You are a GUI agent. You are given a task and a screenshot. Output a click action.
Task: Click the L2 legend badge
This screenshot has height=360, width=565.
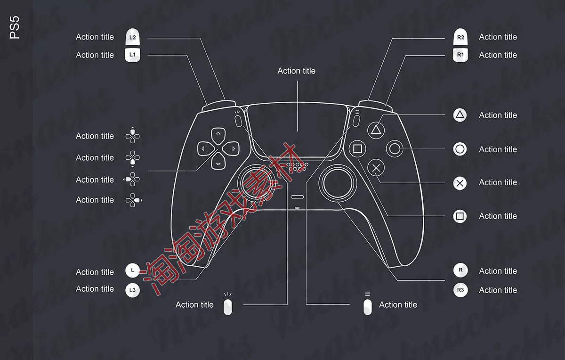coord(133,37)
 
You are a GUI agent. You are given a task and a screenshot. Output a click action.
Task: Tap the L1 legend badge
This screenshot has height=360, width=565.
coord(133,55)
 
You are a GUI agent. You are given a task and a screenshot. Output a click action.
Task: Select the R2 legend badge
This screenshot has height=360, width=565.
coord(460,37)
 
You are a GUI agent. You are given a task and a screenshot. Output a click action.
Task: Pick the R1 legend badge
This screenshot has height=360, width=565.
coord(460,55)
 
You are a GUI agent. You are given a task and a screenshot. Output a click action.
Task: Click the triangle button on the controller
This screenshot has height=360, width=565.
coord(375,129)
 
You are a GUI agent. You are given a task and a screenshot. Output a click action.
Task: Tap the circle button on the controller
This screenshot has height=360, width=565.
coord(395,149)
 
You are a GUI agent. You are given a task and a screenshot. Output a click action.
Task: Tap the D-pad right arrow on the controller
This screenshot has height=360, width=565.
coord(233,149)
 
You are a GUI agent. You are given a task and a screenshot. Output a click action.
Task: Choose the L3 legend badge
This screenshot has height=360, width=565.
coord(133,290)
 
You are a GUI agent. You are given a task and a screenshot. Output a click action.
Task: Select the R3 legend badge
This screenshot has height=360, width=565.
coord(460,290)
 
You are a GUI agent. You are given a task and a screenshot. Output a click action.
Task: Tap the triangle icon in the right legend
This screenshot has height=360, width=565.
coord(460,115)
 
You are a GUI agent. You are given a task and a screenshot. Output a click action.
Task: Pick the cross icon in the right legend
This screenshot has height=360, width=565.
coord(460,183)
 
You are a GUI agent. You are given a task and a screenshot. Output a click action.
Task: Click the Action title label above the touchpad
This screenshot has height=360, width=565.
coord(296,71)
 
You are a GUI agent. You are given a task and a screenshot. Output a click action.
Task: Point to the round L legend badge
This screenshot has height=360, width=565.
coord(133,271)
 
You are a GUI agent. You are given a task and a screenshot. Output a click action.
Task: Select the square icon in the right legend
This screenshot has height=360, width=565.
coord(460,216)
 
